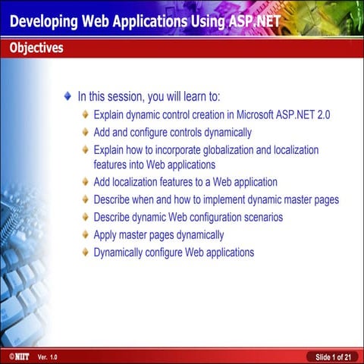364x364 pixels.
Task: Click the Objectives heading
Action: [x=36, y=49]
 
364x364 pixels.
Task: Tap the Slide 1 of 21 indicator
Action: [x=331, y=356]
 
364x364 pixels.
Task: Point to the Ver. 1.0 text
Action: [x=47, y=356]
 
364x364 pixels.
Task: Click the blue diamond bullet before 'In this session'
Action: [x=69, y=97]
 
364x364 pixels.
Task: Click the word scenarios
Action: [x=258, y=217]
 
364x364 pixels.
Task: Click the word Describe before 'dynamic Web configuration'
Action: [x=114, y=217]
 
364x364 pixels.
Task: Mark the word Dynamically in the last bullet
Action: [x=123, y=252]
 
